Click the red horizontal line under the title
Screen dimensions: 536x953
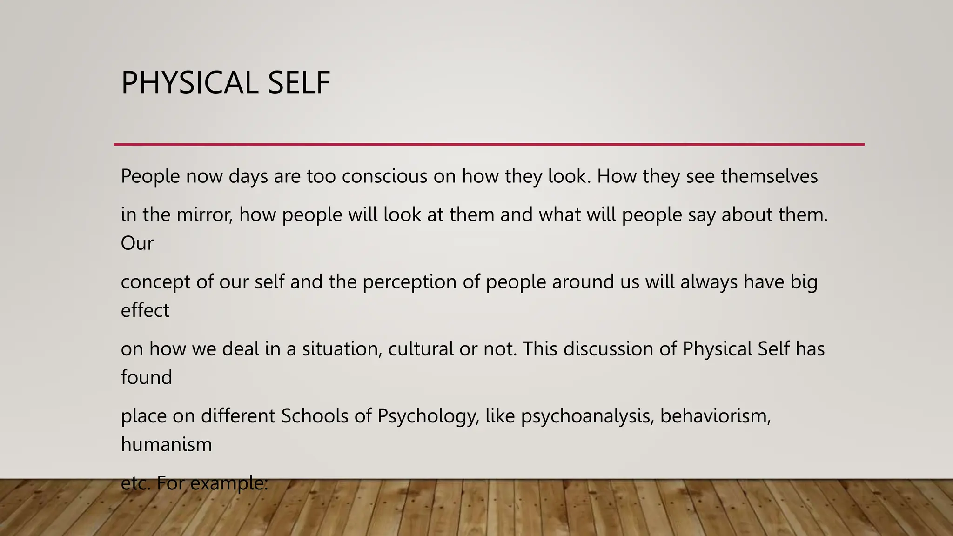pyautogui.click(x=489, y=145)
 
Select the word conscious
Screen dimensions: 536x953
pyautogui.click(x=384, y=177)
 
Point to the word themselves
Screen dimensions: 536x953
pyautogui.click(x=769, y=177)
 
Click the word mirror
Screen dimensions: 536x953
pyautogui.click(x=204, y=215)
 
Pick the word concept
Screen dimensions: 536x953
pyautogui.click(x=155, y=282)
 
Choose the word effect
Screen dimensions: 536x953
pyautogui.click(x=145, y=310)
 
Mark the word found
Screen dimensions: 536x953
pyautogui.click(x=146, y=377)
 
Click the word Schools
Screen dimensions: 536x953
pyautogui.click(x=315, y=416)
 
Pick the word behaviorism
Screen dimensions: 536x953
pyautogui.click(x=715, y=416)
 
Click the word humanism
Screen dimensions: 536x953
pyautogui.click(x=166, y=444)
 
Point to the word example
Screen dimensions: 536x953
pyautogui.click(x=229, y=484)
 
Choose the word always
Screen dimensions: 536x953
pyautogui.click(x=709, y=282)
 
